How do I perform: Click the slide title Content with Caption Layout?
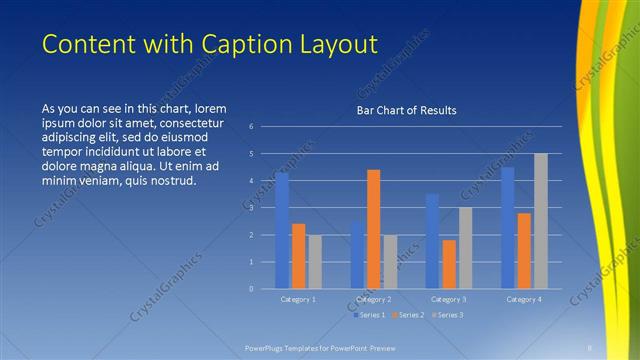210,45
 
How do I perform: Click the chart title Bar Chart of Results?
406,110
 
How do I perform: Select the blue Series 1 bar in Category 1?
282,231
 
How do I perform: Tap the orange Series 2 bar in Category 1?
298,256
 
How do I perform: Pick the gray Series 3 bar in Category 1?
314,262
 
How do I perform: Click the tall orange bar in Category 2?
373,229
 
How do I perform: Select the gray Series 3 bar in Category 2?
389,262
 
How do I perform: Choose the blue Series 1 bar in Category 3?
432,241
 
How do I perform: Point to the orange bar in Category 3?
448,264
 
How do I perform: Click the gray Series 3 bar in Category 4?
540,221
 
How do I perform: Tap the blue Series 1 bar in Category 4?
508,228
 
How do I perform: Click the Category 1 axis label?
297,299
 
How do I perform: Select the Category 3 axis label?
448,299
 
